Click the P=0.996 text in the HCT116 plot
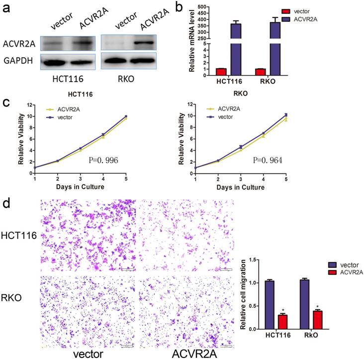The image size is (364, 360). (101, 160)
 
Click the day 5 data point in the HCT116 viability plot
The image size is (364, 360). (126, 117)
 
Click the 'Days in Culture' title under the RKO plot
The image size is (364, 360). (237, 187)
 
